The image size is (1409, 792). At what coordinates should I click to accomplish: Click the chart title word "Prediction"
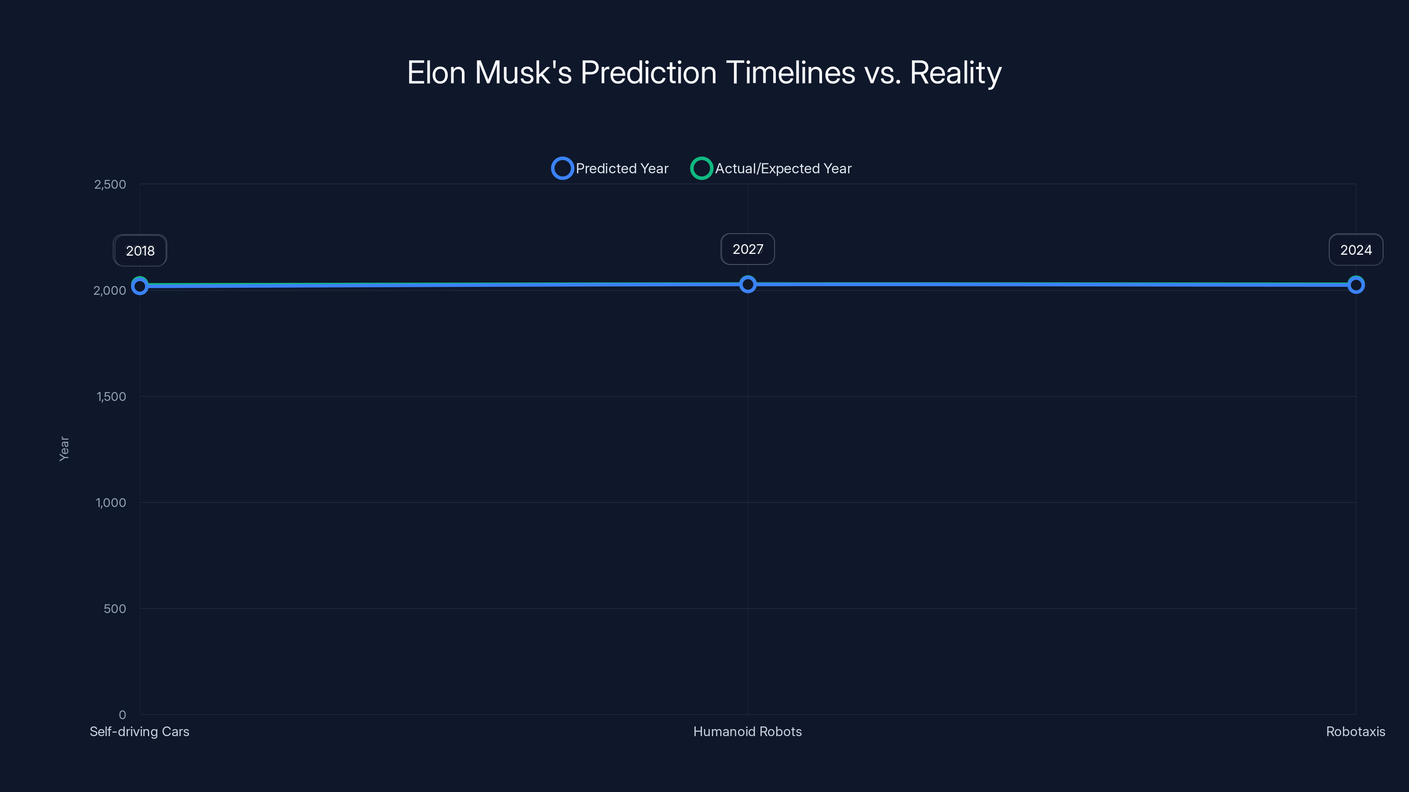pyautogui.click(x=648, y=73)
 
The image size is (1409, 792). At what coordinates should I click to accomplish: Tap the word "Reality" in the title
pyautogui.click(x=955, y=73)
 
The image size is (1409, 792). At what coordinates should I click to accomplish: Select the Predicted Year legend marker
pyautogui.click(x=562, y=169)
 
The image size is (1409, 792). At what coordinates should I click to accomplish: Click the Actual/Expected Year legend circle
pyautogui.click(x=701, y=169)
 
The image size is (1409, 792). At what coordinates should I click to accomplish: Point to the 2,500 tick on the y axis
pyautogui.click(x=110, y=185)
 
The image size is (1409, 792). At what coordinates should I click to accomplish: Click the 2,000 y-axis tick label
pyautogui.click(x=110, y=291)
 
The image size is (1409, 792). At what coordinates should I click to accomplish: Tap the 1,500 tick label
pyautogui.click(x=111, y=397)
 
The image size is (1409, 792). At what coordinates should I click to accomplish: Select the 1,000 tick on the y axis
pyautogui.click(x=111, y=503)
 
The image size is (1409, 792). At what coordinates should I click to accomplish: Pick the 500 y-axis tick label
pyautogui.click(x=115, y=609)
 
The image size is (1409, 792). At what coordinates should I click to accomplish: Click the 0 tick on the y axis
pyautogui.click(x=122, y=715)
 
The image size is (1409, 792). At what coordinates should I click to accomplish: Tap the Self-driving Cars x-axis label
pyautogui.click(x=140, y=732)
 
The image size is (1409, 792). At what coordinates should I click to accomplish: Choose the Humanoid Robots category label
pyautogui.click(x=747, y=732)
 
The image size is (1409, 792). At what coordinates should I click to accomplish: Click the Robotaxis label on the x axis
pyautogui.click(x=1355, y=732)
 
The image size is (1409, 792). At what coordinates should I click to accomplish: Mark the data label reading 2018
pyautogui.click(x=140, y=251)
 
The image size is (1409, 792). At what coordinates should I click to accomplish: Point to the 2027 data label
pyautogui.click(x=748, y=249)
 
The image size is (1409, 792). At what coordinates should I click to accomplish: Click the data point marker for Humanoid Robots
pyautogui.click(x=748, y=284)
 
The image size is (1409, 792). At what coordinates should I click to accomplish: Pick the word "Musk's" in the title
pyautogui.click(x=523, y=73)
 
